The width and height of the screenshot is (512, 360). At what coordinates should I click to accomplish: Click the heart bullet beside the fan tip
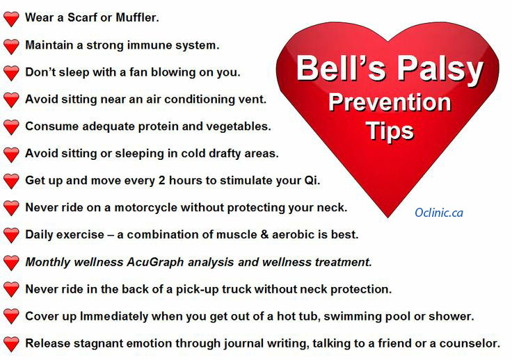pyautogui.click(x=11, y=73)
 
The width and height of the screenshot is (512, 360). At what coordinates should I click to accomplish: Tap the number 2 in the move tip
pyautogui.click(x=161, y=180)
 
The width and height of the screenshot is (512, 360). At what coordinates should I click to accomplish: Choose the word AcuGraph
pyautogui.click(x=155, y=262)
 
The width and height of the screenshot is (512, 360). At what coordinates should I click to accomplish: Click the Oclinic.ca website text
pyautogui.click(x=439, y=213)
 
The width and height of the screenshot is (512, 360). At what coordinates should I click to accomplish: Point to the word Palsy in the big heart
pyautogui.click(x=440, y=69)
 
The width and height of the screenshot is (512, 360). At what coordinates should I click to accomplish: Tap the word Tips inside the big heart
pyautogui.click(x=390, y=131)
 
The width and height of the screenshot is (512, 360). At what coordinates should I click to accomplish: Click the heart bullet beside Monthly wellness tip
pyautogui.click(x=11, y=263)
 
